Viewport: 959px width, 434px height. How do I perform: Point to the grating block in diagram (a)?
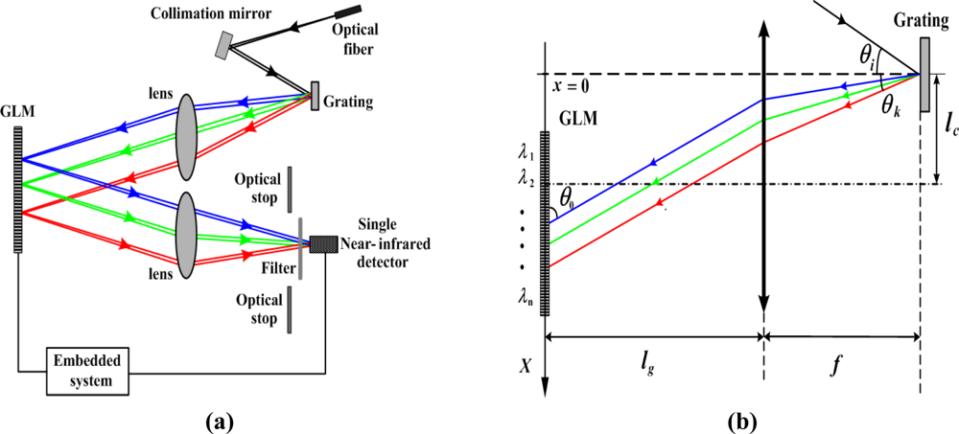click(x=315, y=96)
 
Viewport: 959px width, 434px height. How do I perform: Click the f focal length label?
click(x=842, y=363)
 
